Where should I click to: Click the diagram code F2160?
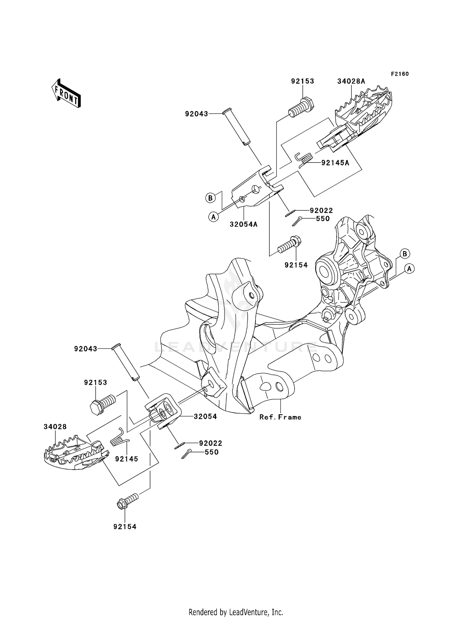click(x=400, y=74)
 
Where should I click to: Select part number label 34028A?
click(x=351, y=81)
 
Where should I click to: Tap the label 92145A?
click(x=335, y=163)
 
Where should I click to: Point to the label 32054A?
click(x=244, y=224)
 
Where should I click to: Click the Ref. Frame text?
click(x=280, y=417)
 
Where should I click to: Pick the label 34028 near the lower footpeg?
click(x=55, y=427)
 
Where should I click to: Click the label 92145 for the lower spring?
click(x=126, y=459)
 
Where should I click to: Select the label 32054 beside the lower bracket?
click(x=205, y=416)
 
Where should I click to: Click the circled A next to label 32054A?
click(x=213, y=217)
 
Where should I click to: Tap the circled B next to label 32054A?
click(x=210, y=198)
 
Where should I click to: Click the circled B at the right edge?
click(x=405, y=254)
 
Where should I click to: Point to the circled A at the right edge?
click(x=409, y=269)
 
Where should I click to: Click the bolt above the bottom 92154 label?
click(x=127, y=501)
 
